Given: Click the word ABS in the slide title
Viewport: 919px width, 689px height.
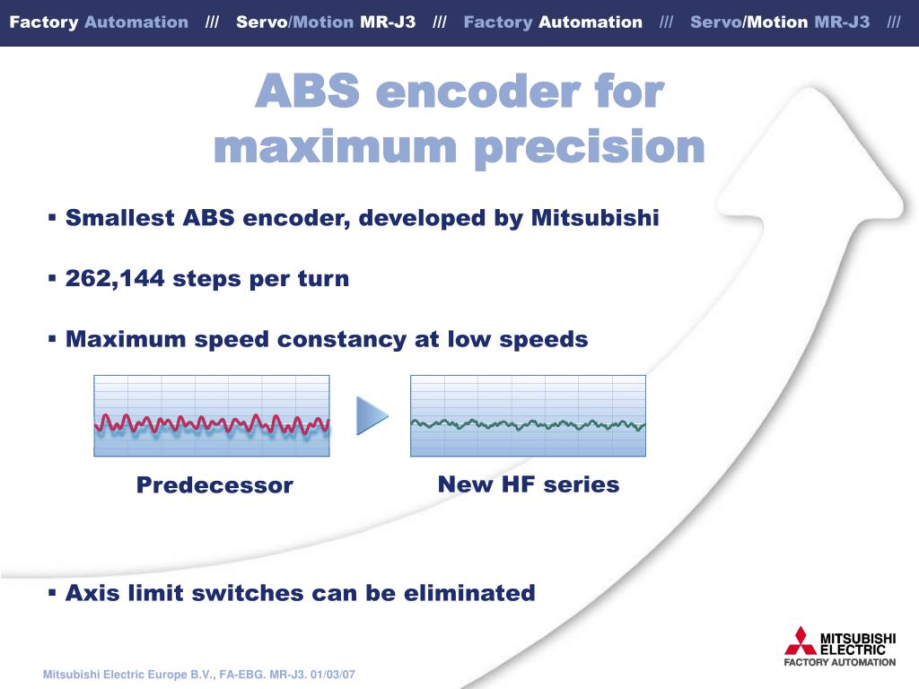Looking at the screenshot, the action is (x=308, y=92).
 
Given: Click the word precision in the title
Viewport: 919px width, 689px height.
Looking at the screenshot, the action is (x=589, y=148).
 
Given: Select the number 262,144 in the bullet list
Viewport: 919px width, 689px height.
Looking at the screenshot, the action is (x=115, y=279).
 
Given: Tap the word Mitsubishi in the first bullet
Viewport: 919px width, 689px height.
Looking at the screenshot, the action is (x=595, y=217).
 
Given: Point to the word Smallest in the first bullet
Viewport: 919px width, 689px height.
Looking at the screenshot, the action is (x=119, y=217).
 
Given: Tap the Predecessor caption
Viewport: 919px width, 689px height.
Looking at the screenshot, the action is (x=214, y=485).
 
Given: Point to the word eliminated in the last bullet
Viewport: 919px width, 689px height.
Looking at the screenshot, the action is (x=469, y=593).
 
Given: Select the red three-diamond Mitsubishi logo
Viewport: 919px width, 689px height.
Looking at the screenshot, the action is (x=800, y=641).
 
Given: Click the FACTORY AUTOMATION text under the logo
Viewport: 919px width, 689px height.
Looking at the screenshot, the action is (x=840, y=662).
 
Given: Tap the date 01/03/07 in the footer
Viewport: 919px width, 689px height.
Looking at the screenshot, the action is (x=333, y=675).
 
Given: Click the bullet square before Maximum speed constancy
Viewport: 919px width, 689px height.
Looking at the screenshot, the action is (x=52, y=338).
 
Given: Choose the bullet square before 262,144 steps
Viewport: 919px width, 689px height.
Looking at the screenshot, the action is (x=52, y=278).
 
